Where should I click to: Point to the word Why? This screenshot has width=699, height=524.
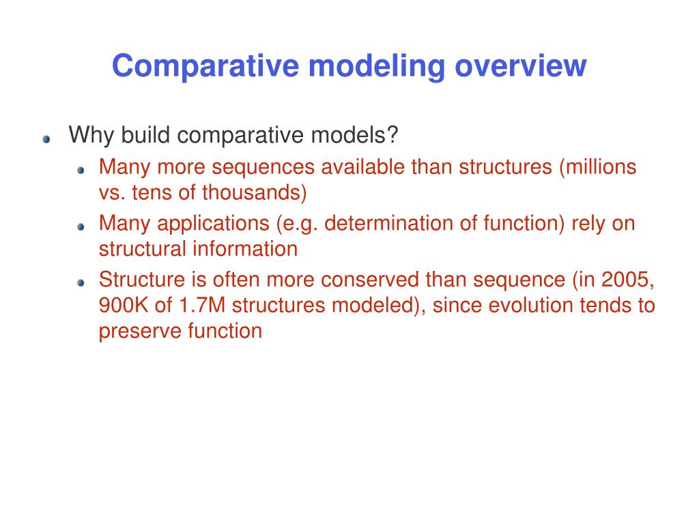click(x=92, y=135)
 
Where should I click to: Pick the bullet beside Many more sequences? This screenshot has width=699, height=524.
click(x=81, y=169)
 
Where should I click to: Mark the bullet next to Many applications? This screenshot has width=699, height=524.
click(x=81, y=226)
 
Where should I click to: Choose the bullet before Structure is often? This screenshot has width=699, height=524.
click(x=81, y=282)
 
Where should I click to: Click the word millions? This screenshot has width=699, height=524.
click(x=601, y=167)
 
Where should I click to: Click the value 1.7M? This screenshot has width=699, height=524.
click(x=201, y=305)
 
